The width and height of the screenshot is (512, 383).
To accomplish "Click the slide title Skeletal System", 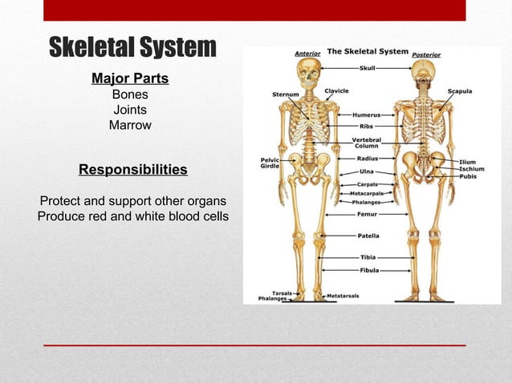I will click(132, 47).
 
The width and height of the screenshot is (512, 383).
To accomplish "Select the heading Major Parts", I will click(130, 79).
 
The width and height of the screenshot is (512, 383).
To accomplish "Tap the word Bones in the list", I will click(130, 95).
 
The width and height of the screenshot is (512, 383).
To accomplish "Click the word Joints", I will click(130, 110).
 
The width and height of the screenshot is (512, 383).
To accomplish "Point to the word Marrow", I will click(130, 125).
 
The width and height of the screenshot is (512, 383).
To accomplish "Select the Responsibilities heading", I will click(132, 170).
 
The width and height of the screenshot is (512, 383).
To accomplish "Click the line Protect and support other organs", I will click(133, 200).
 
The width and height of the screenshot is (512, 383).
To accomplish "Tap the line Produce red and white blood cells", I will click(133, 216).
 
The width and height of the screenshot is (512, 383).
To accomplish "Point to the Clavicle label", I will click(336, 91).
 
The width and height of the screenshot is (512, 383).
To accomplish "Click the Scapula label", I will click(460, 91).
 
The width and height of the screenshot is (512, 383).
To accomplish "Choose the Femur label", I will click(367, 214).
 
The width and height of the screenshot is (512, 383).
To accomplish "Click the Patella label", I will click(368, 236).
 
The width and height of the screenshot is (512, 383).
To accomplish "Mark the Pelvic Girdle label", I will click(270, 163).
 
